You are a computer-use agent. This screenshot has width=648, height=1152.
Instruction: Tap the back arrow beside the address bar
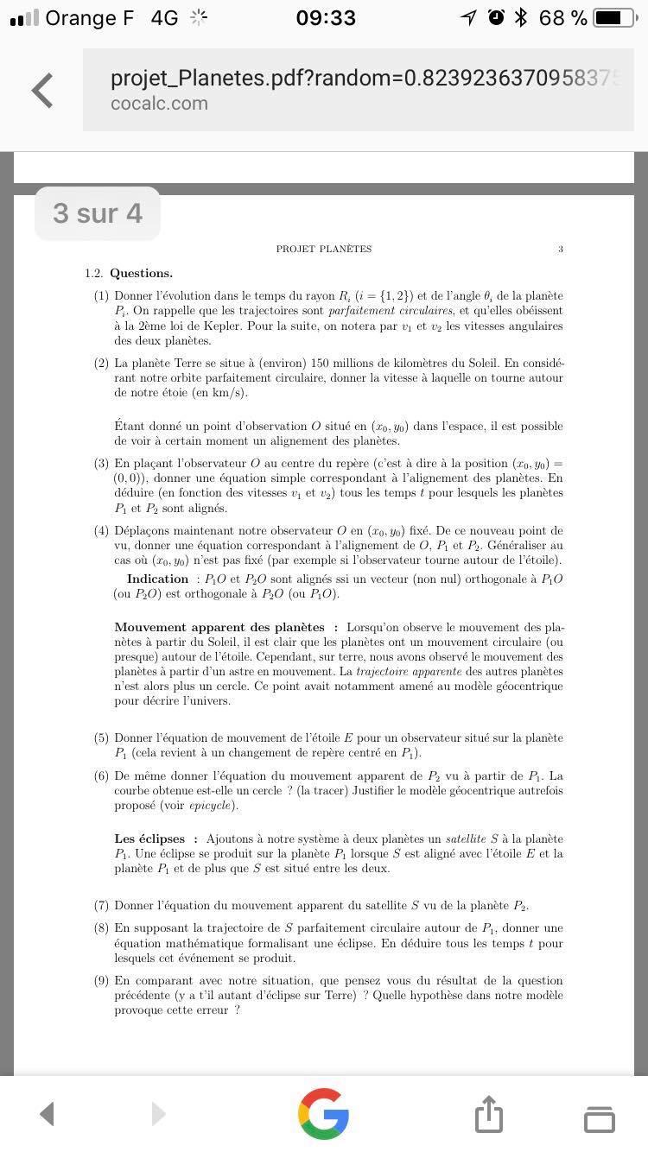pos(41,91)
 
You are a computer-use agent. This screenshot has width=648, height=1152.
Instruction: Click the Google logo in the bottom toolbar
pos(323,1113)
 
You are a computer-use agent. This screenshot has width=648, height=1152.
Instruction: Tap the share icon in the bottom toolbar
pos(488,1113)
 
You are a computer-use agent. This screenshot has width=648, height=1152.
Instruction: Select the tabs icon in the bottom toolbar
pos(600,1117)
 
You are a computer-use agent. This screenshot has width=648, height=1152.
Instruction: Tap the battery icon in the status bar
pos(614,17)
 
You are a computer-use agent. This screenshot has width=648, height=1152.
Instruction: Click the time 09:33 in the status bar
pos(325,17)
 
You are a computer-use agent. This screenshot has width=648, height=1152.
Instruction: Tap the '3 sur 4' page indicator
pos(98,213)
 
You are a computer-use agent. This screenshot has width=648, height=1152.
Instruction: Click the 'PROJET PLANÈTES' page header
pos(324,249)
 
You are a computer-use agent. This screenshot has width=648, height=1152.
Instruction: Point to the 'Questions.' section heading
pos(141,273)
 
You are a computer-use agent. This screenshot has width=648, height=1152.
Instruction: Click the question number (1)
pos(101,295)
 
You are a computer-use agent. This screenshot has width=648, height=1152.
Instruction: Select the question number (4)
pos(101,530)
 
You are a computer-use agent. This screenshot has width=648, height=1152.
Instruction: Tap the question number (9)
pos(101,980)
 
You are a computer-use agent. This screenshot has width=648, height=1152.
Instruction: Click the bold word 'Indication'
pos(157,579)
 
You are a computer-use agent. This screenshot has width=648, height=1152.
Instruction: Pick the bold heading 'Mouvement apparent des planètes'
pos(219,627)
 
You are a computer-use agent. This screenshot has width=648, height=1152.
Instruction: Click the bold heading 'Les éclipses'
pos(149,839)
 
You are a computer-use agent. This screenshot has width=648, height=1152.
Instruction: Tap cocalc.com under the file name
pos(159,104)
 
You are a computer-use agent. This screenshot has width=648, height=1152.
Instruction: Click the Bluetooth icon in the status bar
pos(520,17)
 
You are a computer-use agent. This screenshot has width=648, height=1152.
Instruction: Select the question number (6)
pos(101,775)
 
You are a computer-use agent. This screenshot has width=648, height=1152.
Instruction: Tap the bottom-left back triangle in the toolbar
pos(48,1113)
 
